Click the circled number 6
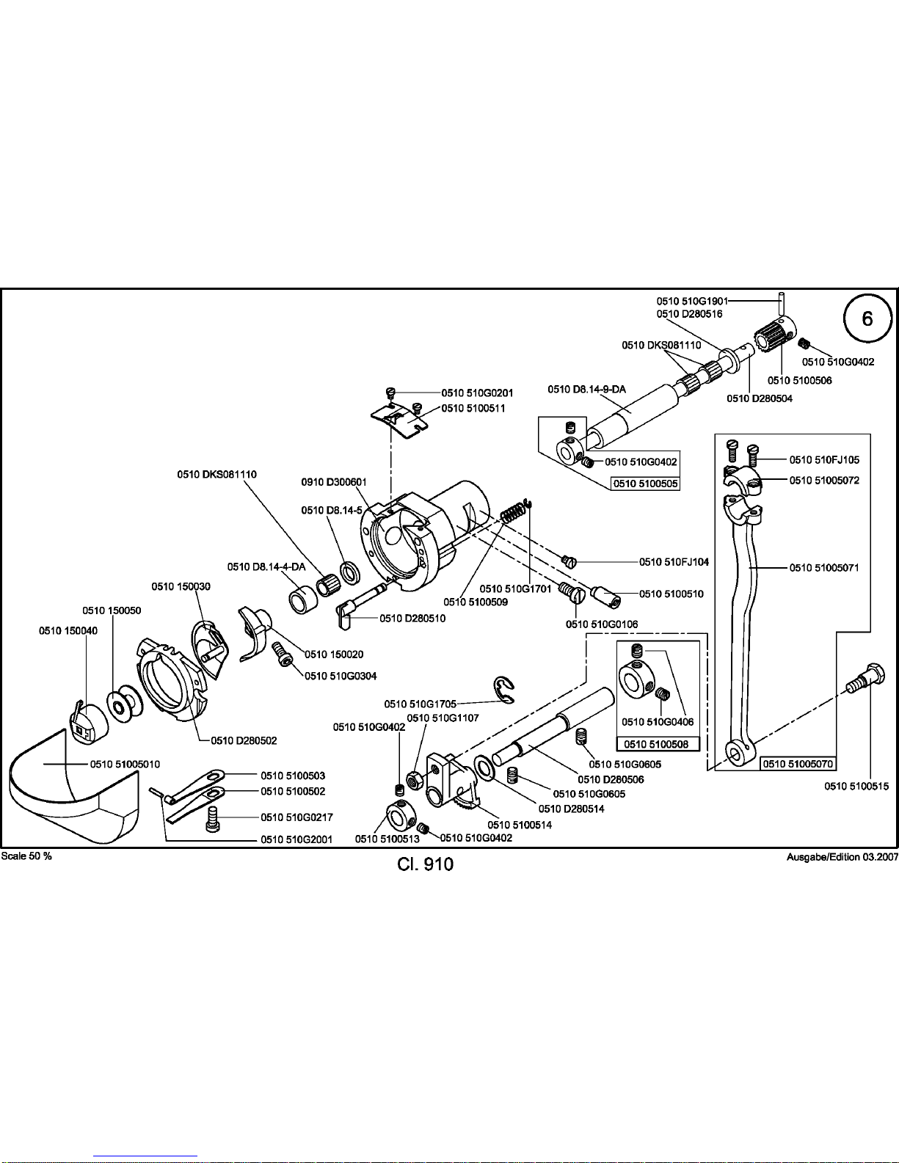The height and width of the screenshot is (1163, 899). [x=867, y=319]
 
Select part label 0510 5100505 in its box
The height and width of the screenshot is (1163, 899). [x=645, y=484]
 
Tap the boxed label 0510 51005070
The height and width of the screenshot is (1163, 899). [x=798, y=764]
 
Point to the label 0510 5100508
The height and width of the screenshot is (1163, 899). [x=658, y=744]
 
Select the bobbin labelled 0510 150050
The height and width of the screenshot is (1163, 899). [x=125, y=703]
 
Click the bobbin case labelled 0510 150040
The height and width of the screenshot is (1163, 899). [x=87, y=721]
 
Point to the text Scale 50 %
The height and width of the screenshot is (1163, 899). [x=26, y=856]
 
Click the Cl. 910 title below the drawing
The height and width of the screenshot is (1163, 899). [x=426, y=864]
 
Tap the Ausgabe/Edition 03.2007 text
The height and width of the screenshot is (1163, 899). [x=842, y=857]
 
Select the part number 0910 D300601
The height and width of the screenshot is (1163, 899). [x=334, y=482]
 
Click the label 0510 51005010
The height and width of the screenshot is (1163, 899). [x=125, y=765]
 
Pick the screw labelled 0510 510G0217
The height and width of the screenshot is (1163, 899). [x=213, y=819]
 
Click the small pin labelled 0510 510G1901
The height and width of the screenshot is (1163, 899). [x=782, y=304]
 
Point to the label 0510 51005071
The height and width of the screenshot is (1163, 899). [x=824, y=567]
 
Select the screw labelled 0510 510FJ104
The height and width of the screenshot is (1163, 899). [x=569, y=561]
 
